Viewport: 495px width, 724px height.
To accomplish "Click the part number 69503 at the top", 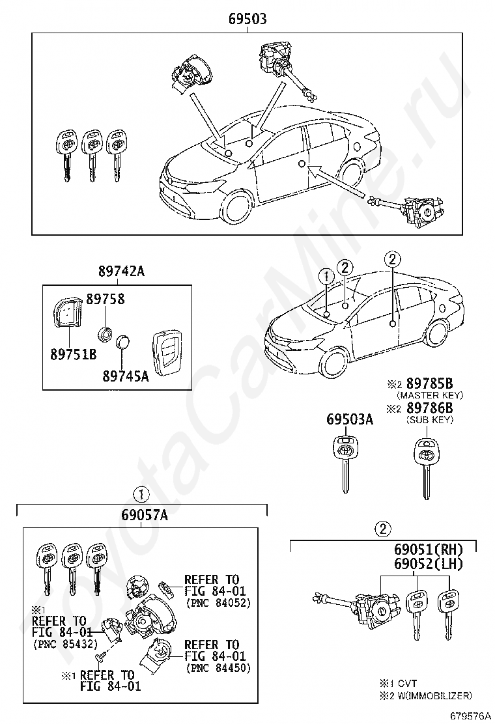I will (247, 19).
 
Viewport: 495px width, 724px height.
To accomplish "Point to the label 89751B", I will (73, 354).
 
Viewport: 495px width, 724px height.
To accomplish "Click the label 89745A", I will (125, 376).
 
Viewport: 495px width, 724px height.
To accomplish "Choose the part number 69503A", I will (350, 420).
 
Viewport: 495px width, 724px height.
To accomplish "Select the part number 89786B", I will (429, 408).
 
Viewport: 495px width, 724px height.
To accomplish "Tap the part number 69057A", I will (144, 516).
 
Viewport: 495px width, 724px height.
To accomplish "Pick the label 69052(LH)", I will (427, 564).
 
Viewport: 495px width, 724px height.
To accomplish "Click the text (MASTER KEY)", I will (429, 395).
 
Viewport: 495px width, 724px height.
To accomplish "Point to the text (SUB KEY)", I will (429, 420).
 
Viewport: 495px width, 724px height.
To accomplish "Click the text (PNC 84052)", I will (218, 603).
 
